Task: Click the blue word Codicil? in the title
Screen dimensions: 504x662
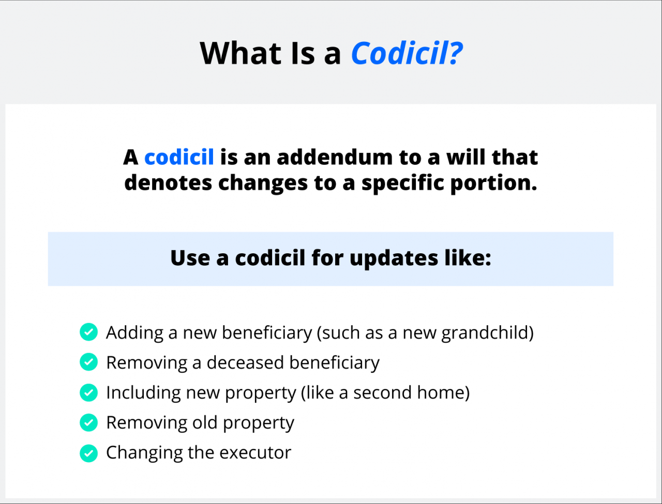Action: [407, 53]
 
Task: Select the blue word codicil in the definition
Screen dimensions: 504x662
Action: [179, 157]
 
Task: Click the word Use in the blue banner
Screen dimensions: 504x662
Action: [189, 258]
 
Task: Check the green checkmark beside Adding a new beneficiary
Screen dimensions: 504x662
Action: [88, 332]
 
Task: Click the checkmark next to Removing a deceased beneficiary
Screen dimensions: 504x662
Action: [88, 362]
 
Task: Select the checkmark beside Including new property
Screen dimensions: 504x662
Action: [88, 392]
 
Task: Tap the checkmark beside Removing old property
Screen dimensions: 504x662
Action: [88, 422]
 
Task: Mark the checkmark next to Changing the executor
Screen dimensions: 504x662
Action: [88, 453]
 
